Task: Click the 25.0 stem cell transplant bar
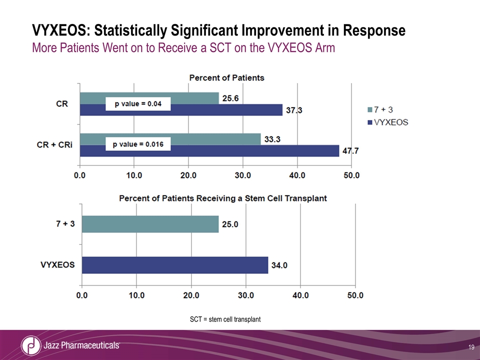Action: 150,224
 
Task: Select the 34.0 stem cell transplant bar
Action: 174,265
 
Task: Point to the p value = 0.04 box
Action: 138,104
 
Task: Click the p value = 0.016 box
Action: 138,144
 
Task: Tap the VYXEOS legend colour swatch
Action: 370,121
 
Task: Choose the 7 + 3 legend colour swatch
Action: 370,109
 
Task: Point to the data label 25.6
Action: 230,98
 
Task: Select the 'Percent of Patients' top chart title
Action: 226,78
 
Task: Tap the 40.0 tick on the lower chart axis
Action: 300,295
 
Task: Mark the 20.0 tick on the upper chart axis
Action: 188,176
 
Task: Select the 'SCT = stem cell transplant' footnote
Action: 225,319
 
